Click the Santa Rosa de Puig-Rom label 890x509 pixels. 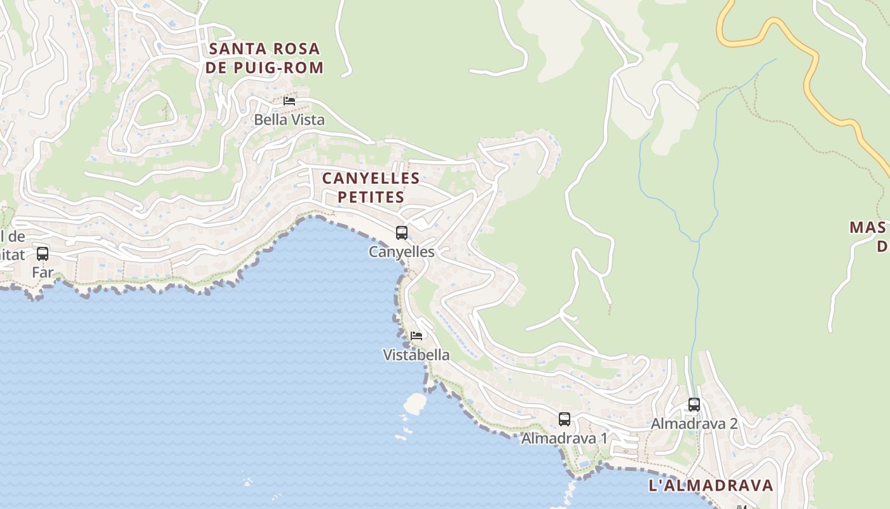(264, 58)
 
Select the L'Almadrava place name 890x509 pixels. (711, 485)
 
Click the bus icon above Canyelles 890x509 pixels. (402, 233)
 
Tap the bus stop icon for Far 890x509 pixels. (43, 254)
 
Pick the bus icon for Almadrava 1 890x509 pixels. (565, 419)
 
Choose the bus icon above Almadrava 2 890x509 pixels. (694, 405)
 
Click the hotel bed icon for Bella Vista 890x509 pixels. (289, 101)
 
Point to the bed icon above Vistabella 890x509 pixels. (416, 336)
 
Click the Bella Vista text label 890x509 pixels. (289, 120)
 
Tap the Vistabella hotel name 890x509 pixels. (416, 355)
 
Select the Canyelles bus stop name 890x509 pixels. (402, 252)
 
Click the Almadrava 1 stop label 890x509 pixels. (565, 438)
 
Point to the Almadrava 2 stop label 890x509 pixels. (694, 424)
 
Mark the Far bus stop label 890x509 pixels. (43, 273)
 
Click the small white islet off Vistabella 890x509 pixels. (415, 403)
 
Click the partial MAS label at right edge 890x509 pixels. (868, 228)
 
